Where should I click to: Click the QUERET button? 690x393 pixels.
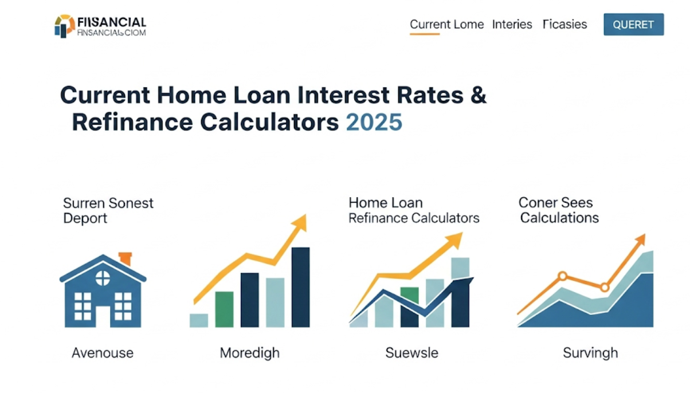point(633,25)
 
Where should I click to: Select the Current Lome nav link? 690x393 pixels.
point(446,25)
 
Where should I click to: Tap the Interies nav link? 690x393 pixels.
point(512,25)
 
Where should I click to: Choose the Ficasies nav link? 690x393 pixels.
point(564,25)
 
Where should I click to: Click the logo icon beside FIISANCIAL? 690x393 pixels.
point(64,26)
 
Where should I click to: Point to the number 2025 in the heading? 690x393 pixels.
point(374,123)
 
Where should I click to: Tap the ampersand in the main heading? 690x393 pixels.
point(477,95)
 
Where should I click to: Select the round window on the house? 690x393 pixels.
point(103,278)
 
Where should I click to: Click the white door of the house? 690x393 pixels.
point(103,317)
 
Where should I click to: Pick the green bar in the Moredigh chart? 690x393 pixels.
point(224,309)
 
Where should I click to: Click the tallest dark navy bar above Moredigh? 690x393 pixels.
point(300,286)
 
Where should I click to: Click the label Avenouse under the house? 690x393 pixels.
point(103,353)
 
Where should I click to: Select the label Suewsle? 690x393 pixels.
point(411,353)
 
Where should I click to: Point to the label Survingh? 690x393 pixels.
point(590,353)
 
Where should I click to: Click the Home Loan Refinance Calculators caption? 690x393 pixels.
point(413,210)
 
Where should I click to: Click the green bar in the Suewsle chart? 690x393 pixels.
point(409,294)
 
